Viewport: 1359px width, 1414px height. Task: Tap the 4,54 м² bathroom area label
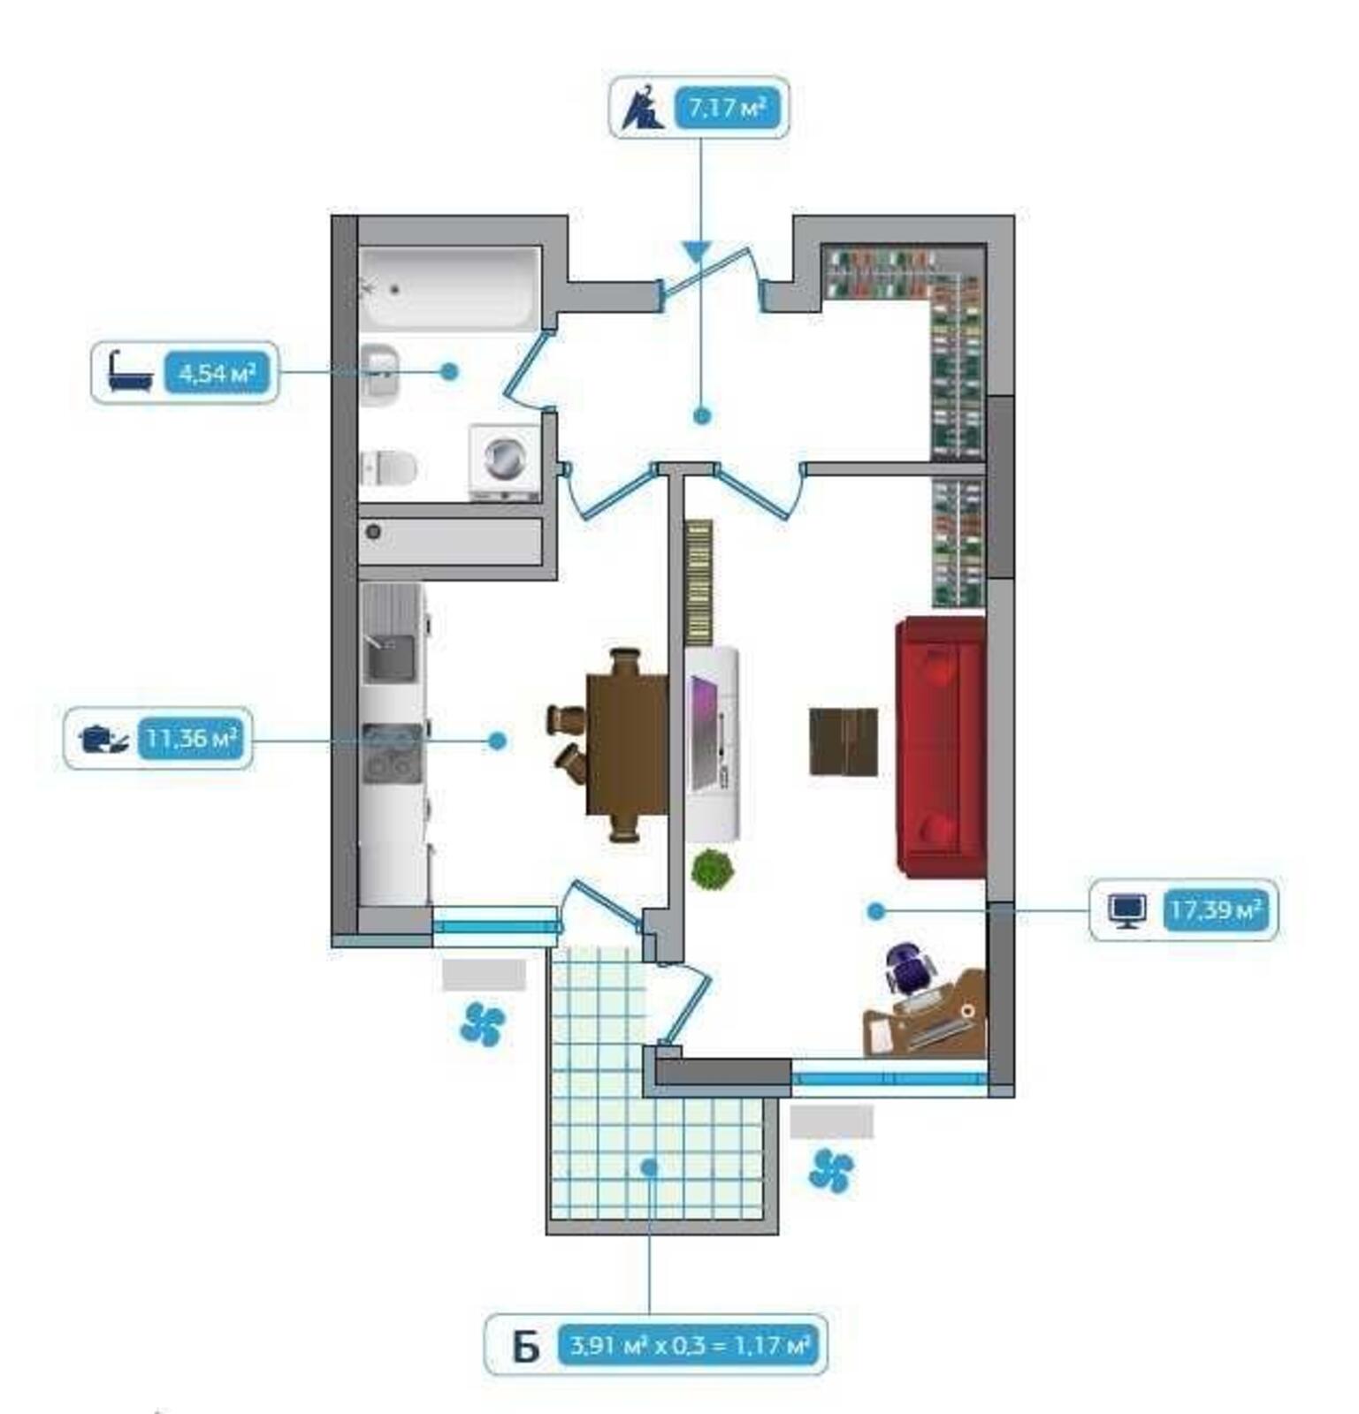[x=216, y=373]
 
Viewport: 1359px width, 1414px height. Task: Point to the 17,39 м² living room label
[x=1215, y=908]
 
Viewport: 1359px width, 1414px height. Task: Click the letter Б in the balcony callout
[x=525, y=1348]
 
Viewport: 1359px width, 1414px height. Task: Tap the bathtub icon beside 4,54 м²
[x=130, y=371]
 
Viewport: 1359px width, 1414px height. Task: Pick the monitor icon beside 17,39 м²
[x=1127, y=909]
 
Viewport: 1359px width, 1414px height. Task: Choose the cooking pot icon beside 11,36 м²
[x=103, y=737]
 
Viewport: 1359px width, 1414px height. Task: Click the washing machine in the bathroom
[x=503, y=461]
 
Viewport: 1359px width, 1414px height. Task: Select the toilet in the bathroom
[x=388, y=468]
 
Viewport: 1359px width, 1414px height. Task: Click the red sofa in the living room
[x=941, y=747]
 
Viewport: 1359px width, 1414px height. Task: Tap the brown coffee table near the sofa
[x=844, y=741]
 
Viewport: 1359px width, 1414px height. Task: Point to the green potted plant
[x=712, y=870]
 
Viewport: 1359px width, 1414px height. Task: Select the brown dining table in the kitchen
[x=627, y=744]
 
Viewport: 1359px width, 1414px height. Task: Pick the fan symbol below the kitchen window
[x=483, y=1024]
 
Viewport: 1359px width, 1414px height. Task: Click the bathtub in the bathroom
[x=450, y=288]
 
